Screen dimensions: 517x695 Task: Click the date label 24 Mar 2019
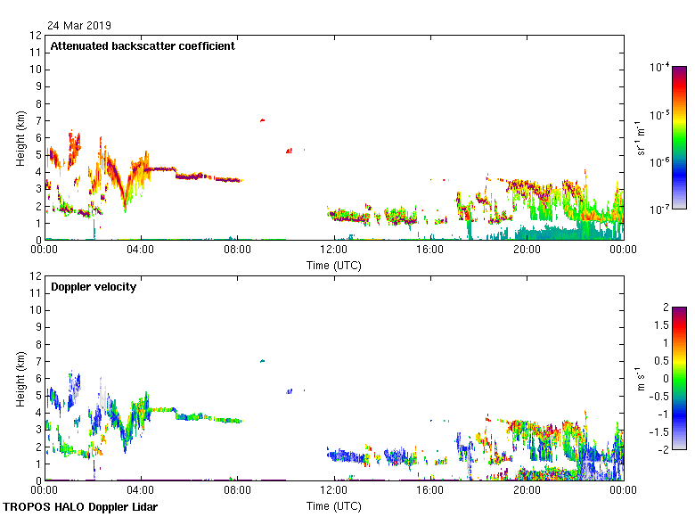pos(80,26)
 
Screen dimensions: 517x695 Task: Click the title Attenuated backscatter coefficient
pos(143,46)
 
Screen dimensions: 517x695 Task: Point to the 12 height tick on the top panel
pos(37,36)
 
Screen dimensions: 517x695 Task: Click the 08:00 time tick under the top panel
pos(238,250)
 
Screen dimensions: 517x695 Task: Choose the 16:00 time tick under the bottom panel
pos(430,491)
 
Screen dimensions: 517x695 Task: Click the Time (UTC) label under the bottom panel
pos(334,505)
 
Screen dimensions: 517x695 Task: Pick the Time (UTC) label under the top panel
pos(334,265)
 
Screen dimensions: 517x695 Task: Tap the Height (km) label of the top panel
pos(20,138)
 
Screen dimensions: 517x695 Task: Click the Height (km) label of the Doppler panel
pos(20,379)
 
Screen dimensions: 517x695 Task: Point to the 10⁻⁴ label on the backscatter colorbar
pos(660,68)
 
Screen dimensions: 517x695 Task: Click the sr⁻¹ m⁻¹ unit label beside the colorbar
pos(642,138)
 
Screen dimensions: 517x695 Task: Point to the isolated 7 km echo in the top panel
pos(262,120)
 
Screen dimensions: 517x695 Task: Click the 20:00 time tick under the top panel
pos(527,250)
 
